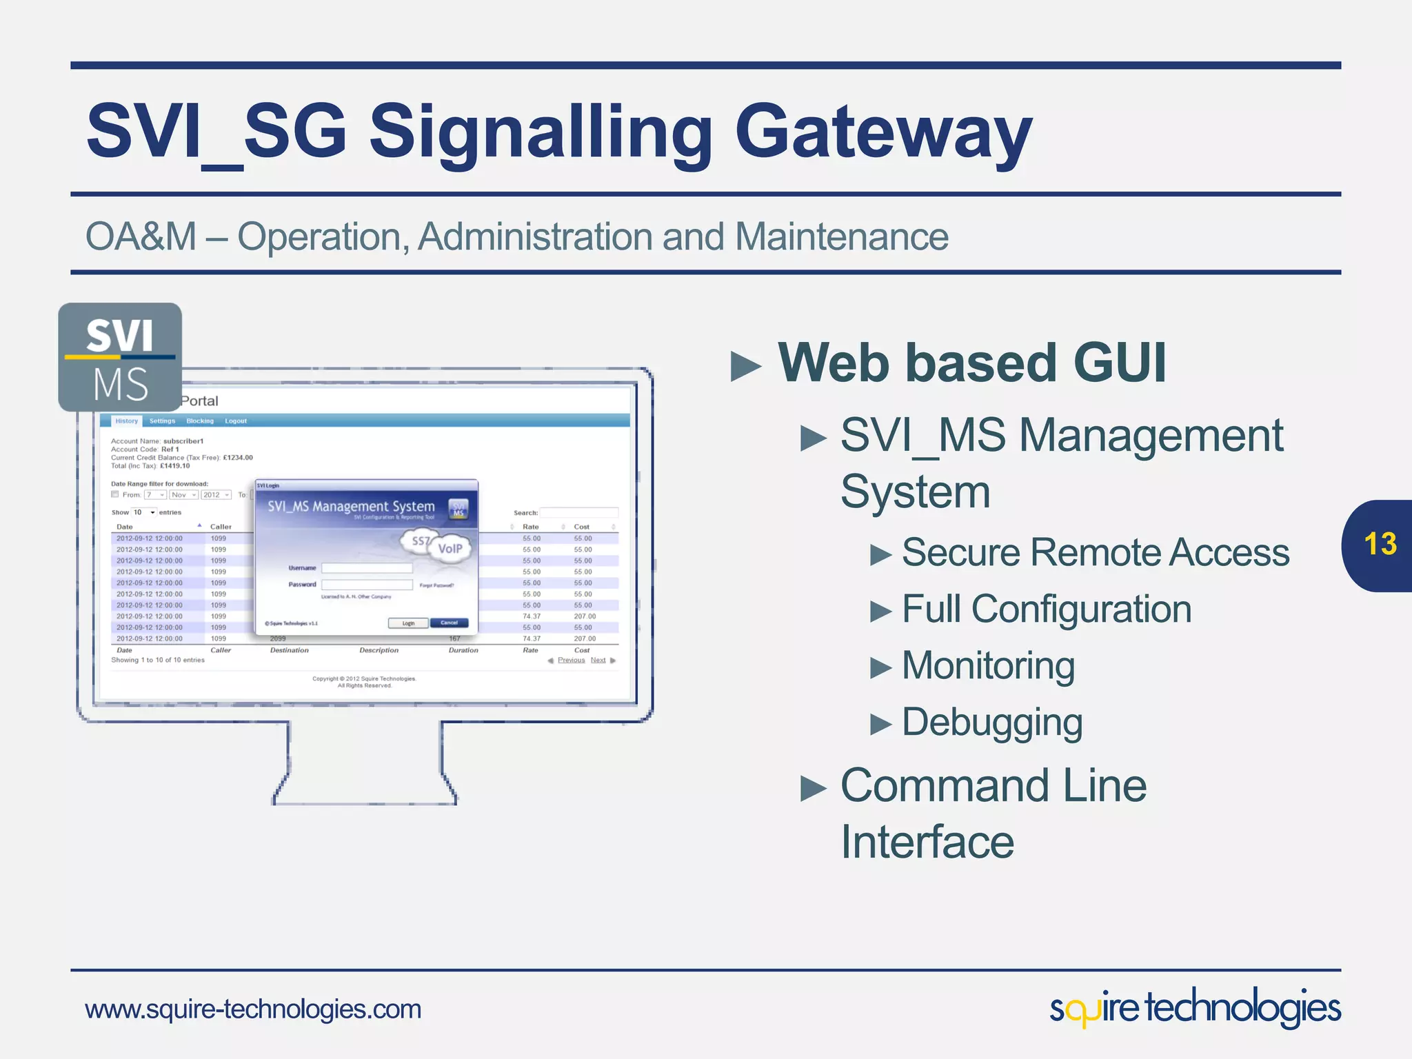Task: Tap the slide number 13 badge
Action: pyautogui.click(x=1379, y=545)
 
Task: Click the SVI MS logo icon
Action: pyautogui.click(x=120, y=357)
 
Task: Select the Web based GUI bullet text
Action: pyautogui.click(x=971, y=363)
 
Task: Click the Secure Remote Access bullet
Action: pyautogui.click(x=1095, y=552)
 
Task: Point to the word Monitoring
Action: pyautogui.click(x=988, y=665)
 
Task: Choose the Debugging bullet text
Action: pyautogui.click(x=992, y=722)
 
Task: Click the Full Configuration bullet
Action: pyautogui.click(x=1046, y=609)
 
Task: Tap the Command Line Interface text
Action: pyautogui.click(x=993, y=814)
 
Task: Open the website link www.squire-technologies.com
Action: pyautogui.click(x=253, y=1009)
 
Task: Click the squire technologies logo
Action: pyautogui.click(x=1195, y=1008)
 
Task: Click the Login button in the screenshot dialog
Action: pyautogui.click(x=408, y=623)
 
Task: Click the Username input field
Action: pyautogui.click(x=367, y=568)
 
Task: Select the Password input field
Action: pyautogui.click(x=367, y=585)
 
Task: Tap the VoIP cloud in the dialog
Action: pyautogui.click(x=450, y=549)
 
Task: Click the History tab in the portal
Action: pyautogui.click(x=126, y=421)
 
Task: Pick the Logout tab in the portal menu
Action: pyautogui.click(x=235, y=421)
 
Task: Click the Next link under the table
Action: pyautogui.click(x=598, y=660)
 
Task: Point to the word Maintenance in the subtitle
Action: pyautogui.click(x=841, y=236)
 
